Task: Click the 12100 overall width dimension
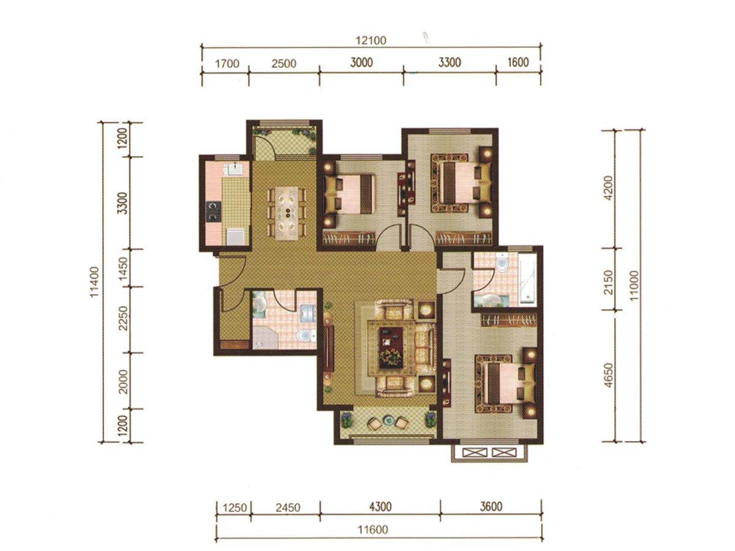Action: pos(371,40)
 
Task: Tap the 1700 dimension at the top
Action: pos(227,64)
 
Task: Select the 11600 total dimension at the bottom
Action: pos(372,530)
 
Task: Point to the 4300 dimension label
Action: pos(380,507)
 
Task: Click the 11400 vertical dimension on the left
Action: pos(95,282)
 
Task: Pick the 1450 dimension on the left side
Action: pos(123,268)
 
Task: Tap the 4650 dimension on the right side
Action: pos(609,375)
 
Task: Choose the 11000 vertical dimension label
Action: pos(634,286)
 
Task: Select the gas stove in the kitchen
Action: pos(213,211)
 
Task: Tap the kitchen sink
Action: pos(235,168)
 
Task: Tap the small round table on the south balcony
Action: pos(388,420)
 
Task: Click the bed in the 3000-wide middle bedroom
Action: pos(350,194)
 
